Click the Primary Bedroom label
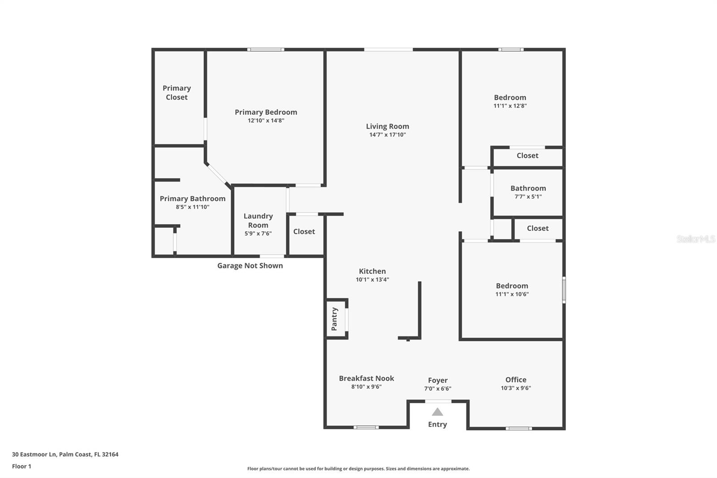click(x=266, y=112)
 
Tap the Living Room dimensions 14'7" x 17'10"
click(x=387, y=135)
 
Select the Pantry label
click(x=334, y=319)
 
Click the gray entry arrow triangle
click(x=437, y=412)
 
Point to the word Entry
click(x=437, y=424)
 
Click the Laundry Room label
click(x=258, y=221)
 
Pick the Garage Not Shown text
click(x=250, y=265)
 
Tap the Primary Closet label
click(x=177, y=92)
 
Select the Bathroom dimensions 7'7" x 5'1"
click(x=528, y=196)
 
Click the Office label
click(x=516, y=379)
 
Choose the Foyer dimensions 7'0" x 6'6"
click(x=437, y=389)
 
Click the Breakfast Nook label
click(x=366, y=378)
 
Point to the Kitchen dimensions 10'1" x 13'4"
click(x=372, y=279)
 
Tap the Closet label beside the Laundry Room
click(x=304, y=231)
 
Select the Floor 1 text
click(x=22, y=466)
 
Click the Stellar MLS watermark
click(x=695, y=239)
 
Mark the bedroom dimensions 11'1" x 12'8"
click(x=510, y=106)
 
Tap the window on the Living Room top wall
click(x=388, y=49)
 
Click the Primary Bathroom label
click(x=192, y=199)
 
